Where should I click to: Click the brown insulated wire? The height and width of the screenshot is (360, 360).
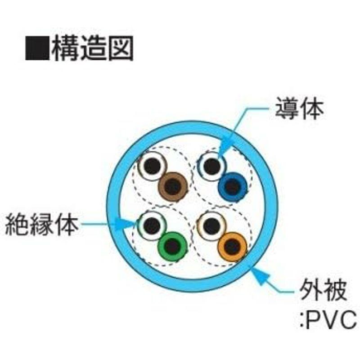click(x=173, y=186)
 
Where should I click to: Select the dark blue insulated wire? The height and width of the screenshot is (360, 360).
click(x=233, y=186)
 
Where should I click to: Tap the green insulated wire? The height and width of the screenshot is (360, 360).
click(x=173, y=246)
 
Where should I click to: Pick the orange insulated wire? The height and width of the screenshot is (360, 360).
click(x=232, y=246)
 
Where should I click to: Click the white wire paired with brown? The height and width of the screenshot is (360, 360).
click(x=152, y=166)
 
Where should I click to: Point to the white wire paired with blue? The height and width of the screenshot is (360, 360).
click(x=212, y=166)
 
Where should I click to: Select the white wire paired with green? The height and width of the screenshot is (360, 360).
click(x=152, y=226)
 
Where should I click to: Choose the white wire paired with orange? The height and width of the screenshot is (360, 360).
click(x=211, y=226)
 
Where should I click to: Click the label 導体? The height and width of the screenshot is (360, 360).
click(x=299, y=108)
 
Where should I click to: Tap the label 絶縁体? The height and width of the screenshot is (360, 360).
click(x=42, y=224)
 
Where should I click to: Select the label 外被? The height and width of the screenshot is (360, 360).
click(x=323, y=290)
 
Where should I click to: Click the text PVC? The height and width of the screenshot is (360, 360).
click(x=332, y=319)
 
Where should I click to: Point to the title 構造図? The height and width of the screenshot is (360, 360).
click(x=92, y=49)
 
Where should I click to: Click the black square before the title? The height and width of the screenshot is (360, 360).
click(x=37, y=48)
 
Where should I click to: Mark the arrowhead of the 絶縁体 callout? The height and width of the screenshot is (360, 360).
click(x=125, y=224)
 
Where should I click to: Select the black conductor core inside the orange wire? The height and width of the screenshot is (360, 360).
click(x=232, y=247)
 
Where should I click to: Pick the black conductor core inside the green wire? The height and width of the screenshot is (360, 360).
click(x=173, y=247)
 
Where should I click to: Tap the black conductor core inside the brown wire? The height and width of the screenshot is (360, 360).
click(x=173, y=186)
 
